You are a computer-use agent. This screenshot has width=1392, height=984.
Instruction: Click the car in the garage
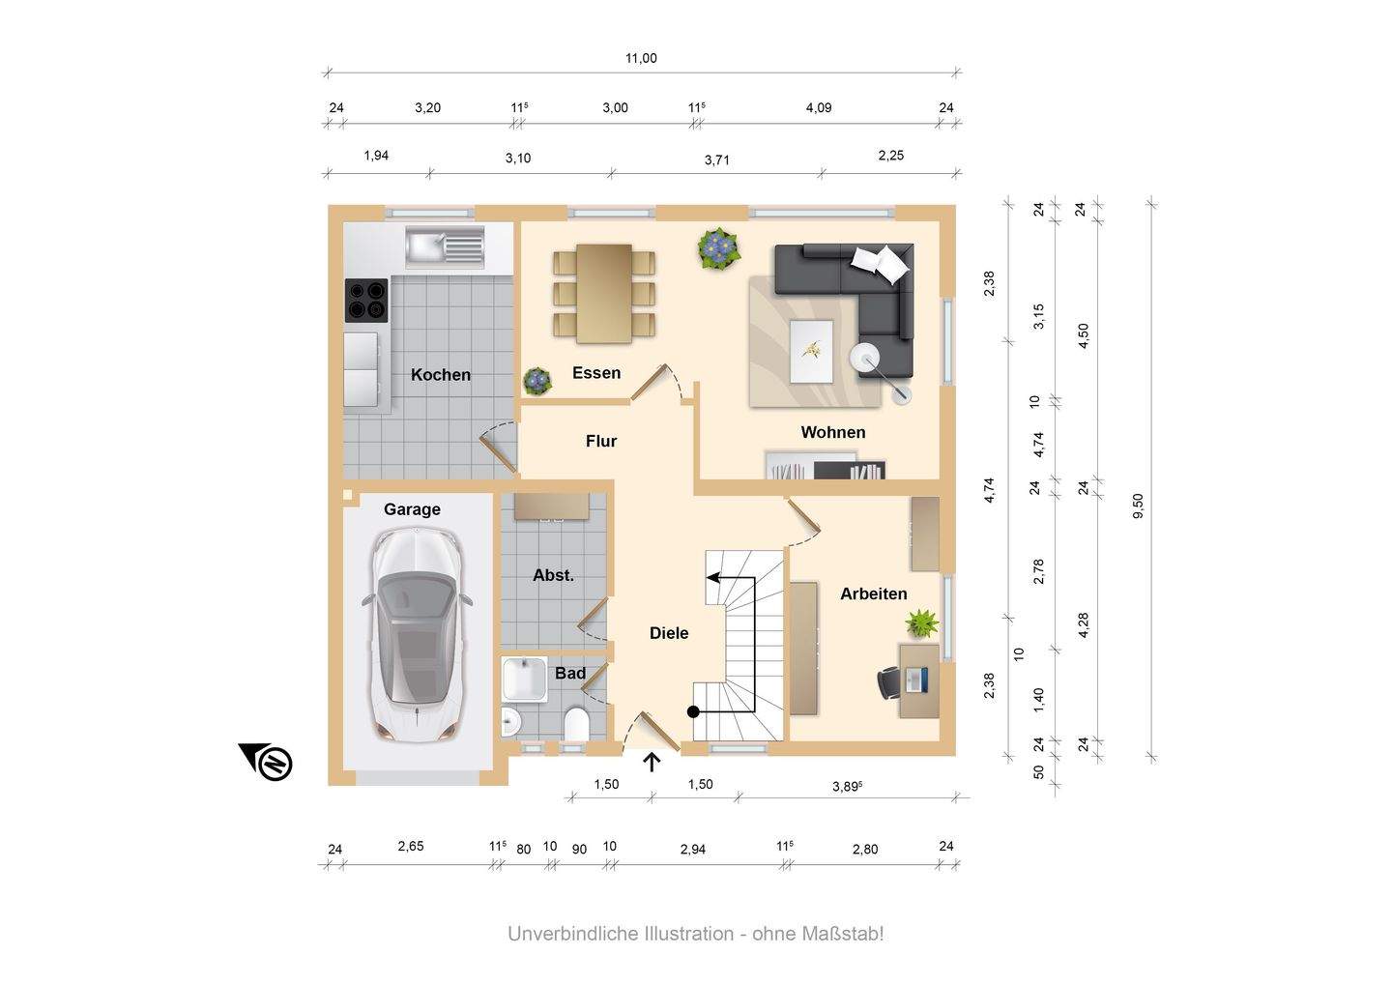417,634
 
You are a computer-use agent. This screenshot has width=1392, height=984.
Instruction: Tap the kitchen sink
445,246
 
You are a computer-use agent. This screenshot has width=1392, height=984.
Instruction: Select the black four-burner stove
366,300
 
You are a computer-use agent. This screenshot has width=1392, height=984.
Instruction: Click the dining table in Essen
604,293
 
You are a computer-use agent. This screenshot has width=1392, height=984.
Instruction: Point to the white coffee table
812,351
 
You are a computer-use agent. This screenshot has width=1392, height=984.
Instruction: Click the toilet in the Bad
576,724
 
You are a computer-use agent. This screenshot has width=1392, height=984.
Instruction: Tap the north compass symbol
267,761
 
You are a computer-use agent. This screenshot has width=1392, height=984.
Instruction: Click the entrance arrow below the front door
652,763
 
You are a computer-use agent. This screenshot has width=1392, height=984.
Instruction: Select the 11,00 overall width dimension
641,58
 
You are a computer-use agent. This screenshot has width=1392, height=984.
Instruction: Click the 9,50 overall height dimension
1138,506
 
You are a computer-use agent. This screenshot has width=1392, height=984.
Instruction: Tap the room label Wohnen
832,432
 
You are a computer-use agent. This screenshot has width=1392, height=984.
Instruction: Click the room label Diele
669,633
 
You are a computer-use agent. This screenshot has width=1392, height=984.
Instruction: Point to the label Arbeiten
873,593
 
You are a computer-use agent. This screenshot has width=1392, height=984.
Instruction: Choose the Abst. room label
553,576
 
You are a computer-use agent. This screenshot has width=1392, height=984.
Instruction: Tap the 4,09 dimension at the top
819,108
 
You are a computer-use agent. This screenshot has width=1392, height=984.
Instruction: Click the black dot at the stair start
693,712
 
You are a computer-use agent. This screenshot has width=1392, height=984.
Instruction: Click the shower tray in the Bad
525,679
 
